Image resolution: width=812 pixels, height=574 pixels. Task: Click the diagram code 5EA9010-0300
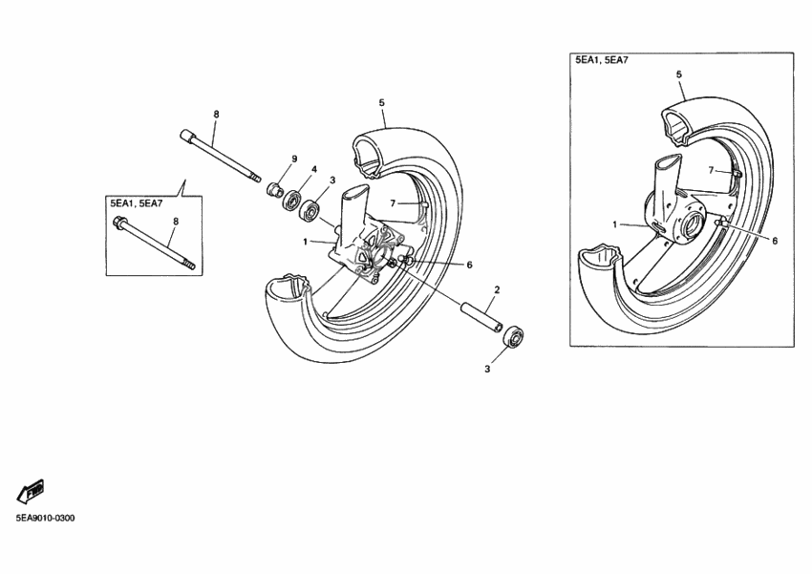44,519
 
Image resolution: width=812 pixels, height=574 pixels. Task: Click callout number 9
295,159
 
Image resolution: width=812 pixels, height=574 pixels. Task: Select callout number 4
313,170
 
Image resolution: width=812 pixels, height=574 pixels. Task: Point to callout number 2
497,289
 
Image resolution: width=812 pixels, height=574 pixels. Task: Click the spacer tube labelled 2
482,316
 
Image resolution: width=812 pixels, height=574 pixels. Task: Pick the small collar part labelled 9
274,185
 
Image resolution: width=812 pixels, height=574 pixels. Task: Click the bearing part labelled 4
289,196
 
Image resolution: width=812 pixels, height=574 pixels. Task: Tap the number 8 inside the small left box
175,222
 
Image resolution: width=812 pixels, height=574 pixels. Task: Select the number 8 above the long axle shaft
216,115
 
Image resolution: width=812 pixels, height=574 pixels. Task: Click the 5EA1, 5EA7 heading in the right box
602,60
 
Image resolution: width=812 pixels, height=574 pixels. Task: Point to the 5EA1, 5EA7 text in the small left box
136,203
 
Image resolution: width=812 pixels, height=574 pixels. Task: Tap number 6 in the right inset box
774,241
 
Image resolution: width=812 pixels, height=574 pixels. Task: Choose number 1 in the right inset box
615,224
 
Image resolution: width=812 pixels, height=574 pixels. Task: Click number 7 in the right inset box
711,170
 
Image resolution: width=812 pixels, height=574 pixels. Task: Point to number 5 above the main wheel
381,102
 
